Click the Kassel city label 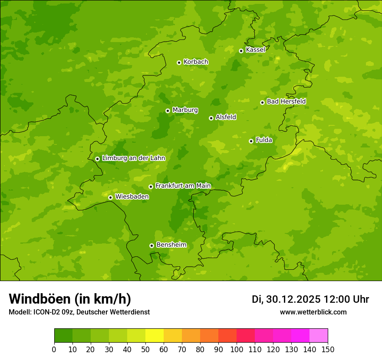[255, 50]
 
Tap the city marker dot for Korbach [179, 62]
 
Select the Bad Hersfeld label [286, 101]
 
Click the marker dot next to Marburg [168, 111]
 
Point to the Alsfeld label [226, 117]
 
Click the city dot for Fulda [251, 141]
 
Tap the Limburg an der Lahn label [133, 158]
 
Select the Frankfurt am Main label [183, 186]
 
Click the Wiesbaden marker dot [110, 197]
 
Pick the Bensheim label [171, 245]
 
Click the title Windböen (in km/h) [70, 299]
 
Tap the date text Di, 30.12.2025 [286, 299]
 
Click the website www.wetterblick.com [313, 312]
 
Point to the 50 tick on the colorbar [145, 349]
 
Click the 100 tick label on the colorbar [237, 349]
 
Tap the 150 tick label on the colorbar [328, 349]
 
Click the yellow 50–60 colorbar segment [155, 336]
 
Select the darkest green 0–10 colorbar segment [63, 336]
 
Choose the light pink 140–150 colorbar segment [319, 336]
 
